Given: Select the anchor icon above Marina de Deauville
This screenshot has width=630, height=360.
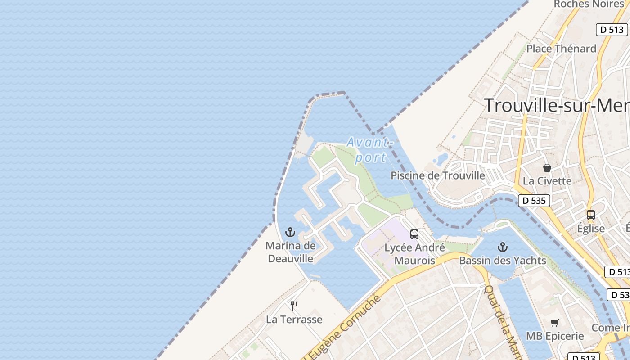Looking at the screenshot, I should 290,233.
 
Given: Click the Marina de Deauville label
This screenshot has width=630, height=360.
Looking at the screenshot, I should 290,252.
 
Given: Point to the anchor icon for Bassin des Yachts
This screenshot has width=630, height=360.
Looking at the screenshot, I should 502,247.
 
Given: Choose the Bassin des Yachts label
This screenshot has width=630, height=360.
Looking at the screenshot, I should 502,260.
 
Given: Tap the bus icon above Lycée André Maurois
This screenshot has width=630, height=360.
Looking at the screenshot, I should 414,234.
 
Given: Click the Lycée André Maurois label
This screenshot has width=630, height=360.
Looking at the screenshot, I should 414,254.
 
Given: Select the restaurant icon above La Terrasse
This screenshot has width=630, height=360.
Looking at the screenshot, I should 294,306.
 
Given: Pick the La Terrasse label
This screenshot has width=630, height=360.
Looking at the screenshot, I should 294,319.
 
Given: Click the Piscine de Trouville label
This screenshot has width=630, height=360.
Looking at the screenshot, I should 438,175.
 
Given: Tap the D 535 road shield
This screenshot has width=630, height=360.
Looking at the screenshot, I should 534,200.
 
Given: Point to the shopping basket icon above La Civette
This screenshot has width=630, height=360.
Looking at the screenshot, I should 547,168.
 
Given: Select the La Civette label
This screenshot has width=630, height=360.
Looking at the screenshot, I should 547,181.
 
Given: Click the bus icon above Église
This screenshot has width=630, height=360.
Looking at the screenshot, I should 591,215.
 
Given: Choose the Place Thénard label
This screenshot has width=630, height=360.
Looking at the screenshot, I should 561,49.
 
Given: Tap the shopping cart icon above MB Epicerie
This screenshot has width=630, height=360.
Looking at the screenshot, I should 555,323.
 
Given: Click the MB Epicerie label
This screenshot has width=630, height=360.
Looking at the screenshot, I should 555,336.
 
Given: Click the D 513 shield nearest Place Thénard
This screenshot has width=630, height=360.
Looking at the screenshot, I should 612,30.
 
